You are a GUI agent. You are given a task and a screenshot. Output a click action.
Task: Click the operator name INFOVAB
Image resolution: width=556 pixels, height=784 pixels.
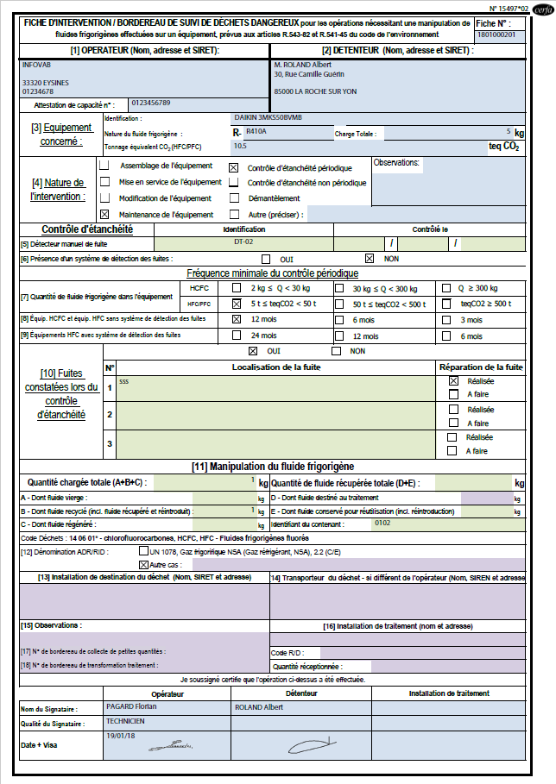(x=35, y=64)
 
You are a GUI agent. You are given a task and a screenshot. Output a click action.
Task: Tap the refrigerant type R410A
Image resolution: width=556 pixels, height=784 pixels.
(x=256, y=131)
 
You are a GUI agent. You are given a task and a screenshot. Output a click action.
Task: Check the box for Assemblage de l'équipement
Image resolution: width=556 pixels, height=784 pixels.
(x=104, y=165)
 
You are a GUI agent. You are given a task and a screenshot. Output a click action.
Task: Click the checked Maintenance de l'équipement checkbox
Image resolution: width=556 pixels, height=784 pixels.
(x=104, y=214)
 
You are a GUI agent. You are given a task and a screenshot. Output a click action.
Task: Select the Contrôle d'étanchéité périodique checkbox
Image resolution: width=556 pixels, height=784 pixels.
(x=233, y=166)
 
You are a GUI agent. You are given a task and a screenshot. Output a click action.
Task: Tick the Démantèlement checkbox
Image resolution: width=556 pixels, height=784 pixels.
(x=233, y=198)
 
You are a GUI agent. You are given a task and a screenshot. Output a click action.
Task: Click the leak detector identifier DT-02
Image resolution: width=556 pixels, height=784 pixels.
(x=243, y=242)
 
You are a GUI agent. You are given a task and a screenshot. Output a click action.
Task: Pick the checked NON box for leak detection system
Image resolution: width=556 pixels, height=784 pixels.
(x=370, y=258)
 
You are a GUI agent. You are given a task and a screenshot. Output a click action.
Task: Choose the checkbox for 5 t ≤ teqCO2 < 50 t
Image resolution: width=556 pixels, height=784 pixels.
(x=237, y=304)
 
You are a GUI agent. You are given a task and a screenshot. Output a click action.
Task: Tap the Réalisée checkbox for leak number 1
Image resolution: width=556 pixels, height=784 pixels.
(x=453, y=380)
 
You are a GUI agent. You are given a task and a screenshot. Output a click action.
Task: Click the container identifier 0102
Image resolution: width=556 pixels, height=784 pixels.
(x=382, y=522)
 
